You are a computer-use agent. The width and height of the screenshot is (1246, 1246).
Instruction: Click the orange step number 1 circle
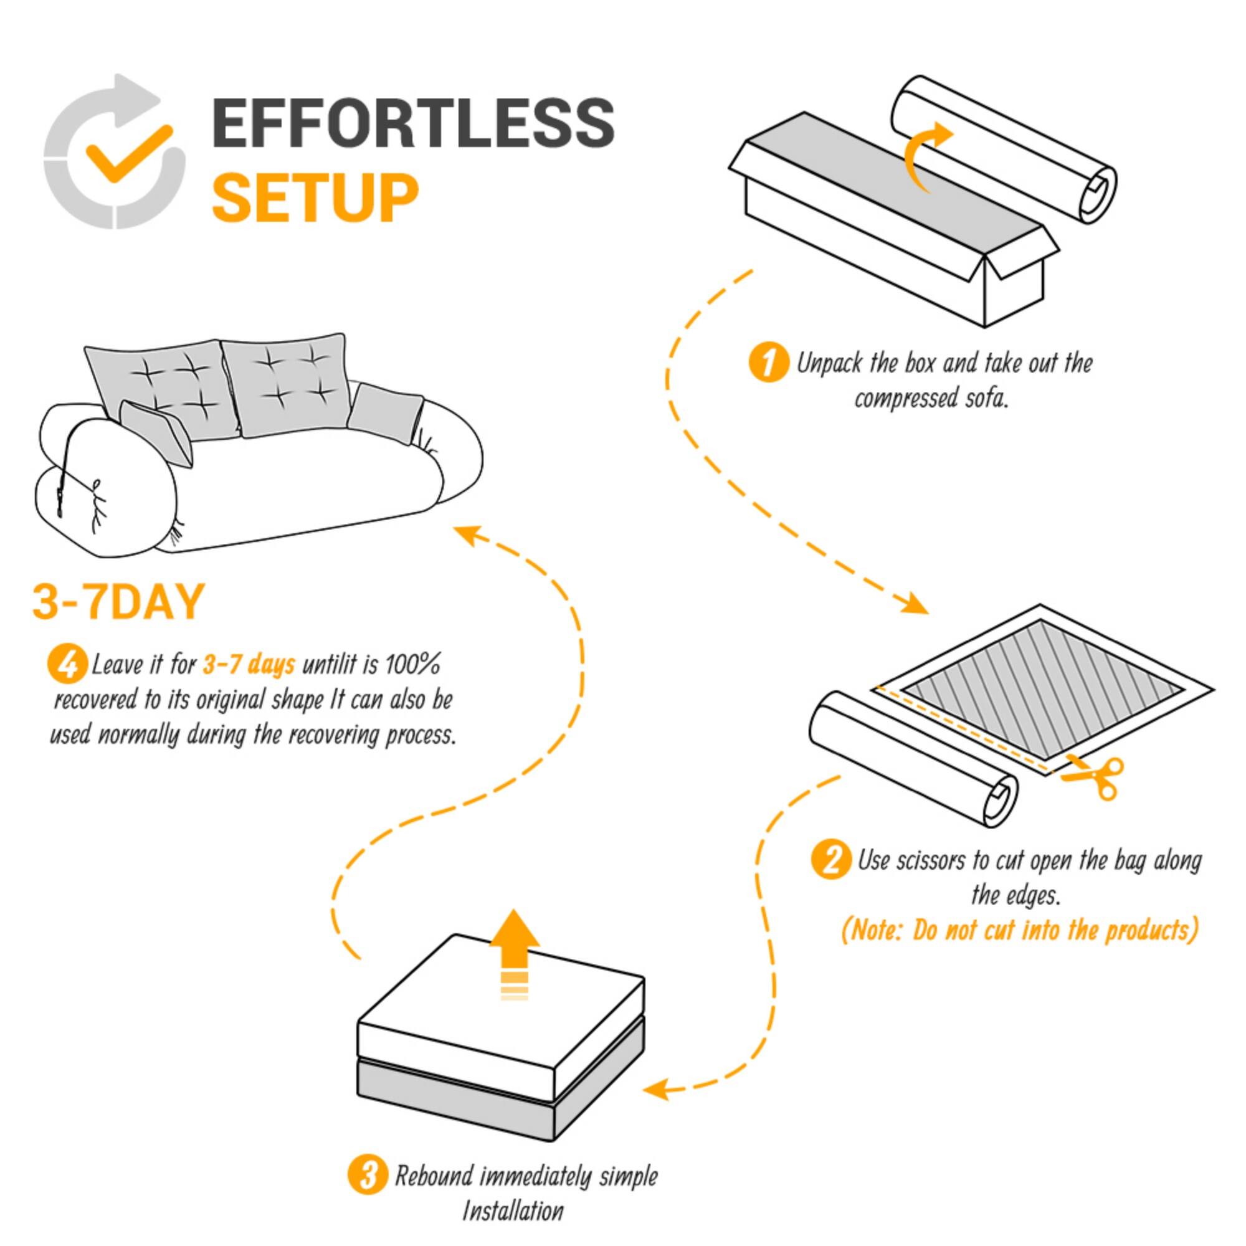tap(768, 363)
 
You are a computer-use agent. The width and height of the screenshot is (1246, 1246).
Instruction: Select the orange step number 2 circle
tap(831, 860)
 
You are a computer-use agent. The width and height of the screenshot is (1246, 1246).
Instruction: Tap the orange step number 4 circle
tap(67, 663)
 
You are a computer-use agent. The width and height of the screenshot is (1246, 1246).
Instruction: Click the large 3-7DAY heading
tap(118, 602)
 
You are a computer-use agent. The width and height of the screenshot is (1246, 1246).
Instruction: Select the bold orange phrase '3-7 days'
tap(249, 664)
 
